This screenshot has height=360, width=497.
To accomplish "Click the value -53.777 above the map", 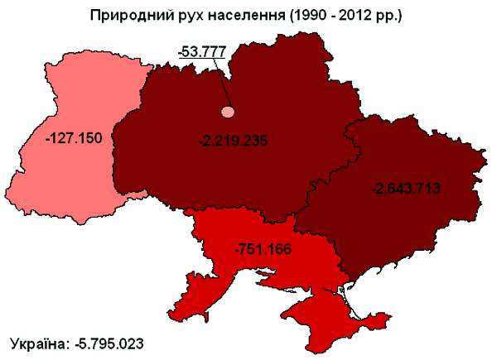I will (x=202, y=52).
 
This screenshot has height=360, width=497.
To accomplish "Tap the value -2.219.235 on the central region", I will (x=234, y=141).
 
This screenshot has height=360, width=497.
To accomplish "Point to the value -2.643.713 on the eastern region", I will (x=406, y=188).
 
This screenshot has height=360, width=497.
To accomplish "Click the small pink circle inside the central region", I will (x=227, y=111).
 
